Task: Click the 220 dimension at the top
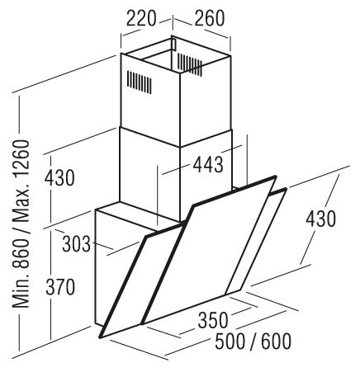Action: [x=141, y=18]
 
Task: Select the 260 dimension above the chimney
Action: [x=210, y=18]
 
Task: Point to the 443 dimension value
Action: [x=208, y=164]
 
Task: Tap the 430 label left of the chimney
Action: [x=59, y=178]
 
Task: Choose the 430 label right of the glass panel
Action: [x=321, y=219]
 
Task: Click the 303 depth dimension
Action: [x=76, y=244]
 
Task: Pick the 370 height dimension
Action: [x=60, y=287]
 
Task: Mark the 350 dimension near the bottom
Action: [x=213, y=320]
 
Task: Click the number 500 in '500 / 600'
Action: [x=230, y=341]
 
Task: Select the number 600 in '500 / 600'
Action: [x=276, y=341]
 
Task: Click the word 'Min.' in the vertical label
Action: [x=21, y=290]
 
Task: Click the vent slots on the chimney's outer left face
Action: [x=139, y=82]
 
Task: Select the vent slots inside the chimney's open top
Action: [x=190, y=64]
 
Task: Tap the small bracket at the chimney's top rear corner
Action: [x=173, y=44]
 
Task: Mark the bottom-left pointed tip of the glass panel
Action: [x=100, y=337]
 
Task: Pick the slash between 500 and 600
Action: [x=253, y=341]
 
